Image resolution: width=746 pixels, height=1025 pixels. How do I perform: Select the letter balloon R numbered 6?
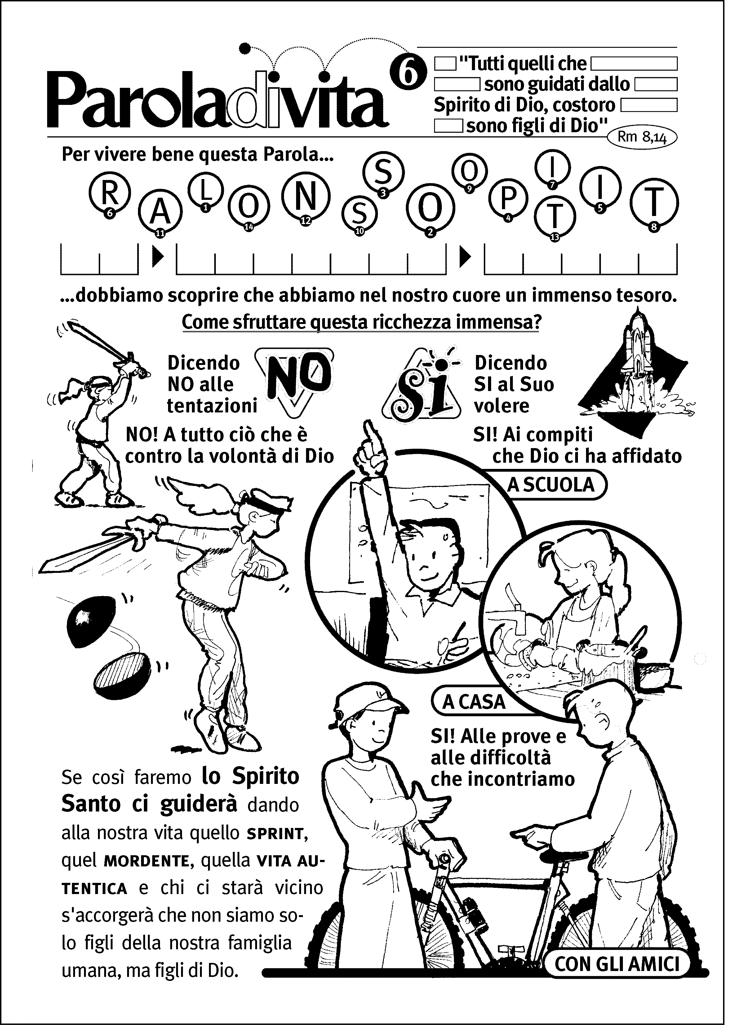pyautogui.click(x=109, y=194)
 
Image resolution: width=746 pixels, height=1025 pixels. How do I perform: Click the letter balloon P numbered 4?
pyautogui.click(x=508, y=199)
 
